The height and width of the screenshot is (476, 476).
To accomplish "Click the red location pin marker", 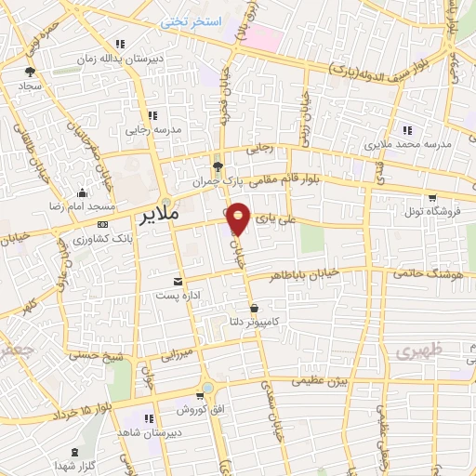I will coord(239,218).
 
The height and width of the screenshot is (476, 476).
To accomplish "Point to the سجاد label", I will coord(32,86).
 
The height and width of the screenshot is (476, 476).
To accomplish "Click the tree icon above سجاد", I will coord(32,71).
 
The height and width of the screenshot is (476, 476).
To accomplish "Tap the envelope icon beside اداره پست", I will coord(178,281).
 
